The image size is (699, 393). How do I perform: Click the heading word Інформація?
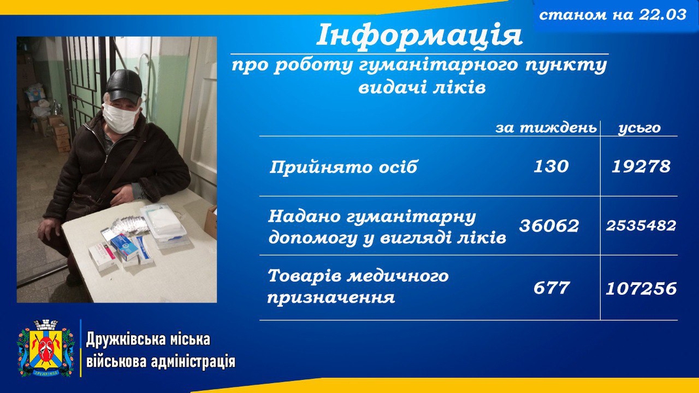(x=419, y=35)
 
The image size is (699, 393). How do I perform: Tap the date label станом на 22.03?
(x=613, y=14)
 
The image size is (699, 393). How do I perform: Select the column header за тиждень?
(x=546, y=128)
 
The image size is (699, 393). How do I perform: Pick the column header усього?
(x=639, y=128)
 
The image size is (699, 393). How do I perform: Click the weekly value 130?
(x=551, y=166)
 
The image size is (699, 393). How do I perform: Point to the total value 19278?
(x=641, y=166)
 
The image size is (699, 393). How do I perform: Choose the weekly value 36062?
(x=549, y=225)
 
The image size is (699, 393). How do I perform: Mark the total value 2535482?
(x=641, y=225)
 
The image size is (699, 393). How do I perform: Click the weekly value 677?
(x=552, y=288)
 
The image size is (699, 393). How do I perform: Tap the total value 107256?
(x=641, y=289)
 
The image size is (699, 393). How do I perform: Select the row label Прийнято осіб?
(x=343, y=167)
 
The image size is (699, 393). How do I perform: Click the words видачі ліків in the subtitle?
(x=422, y=87)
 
